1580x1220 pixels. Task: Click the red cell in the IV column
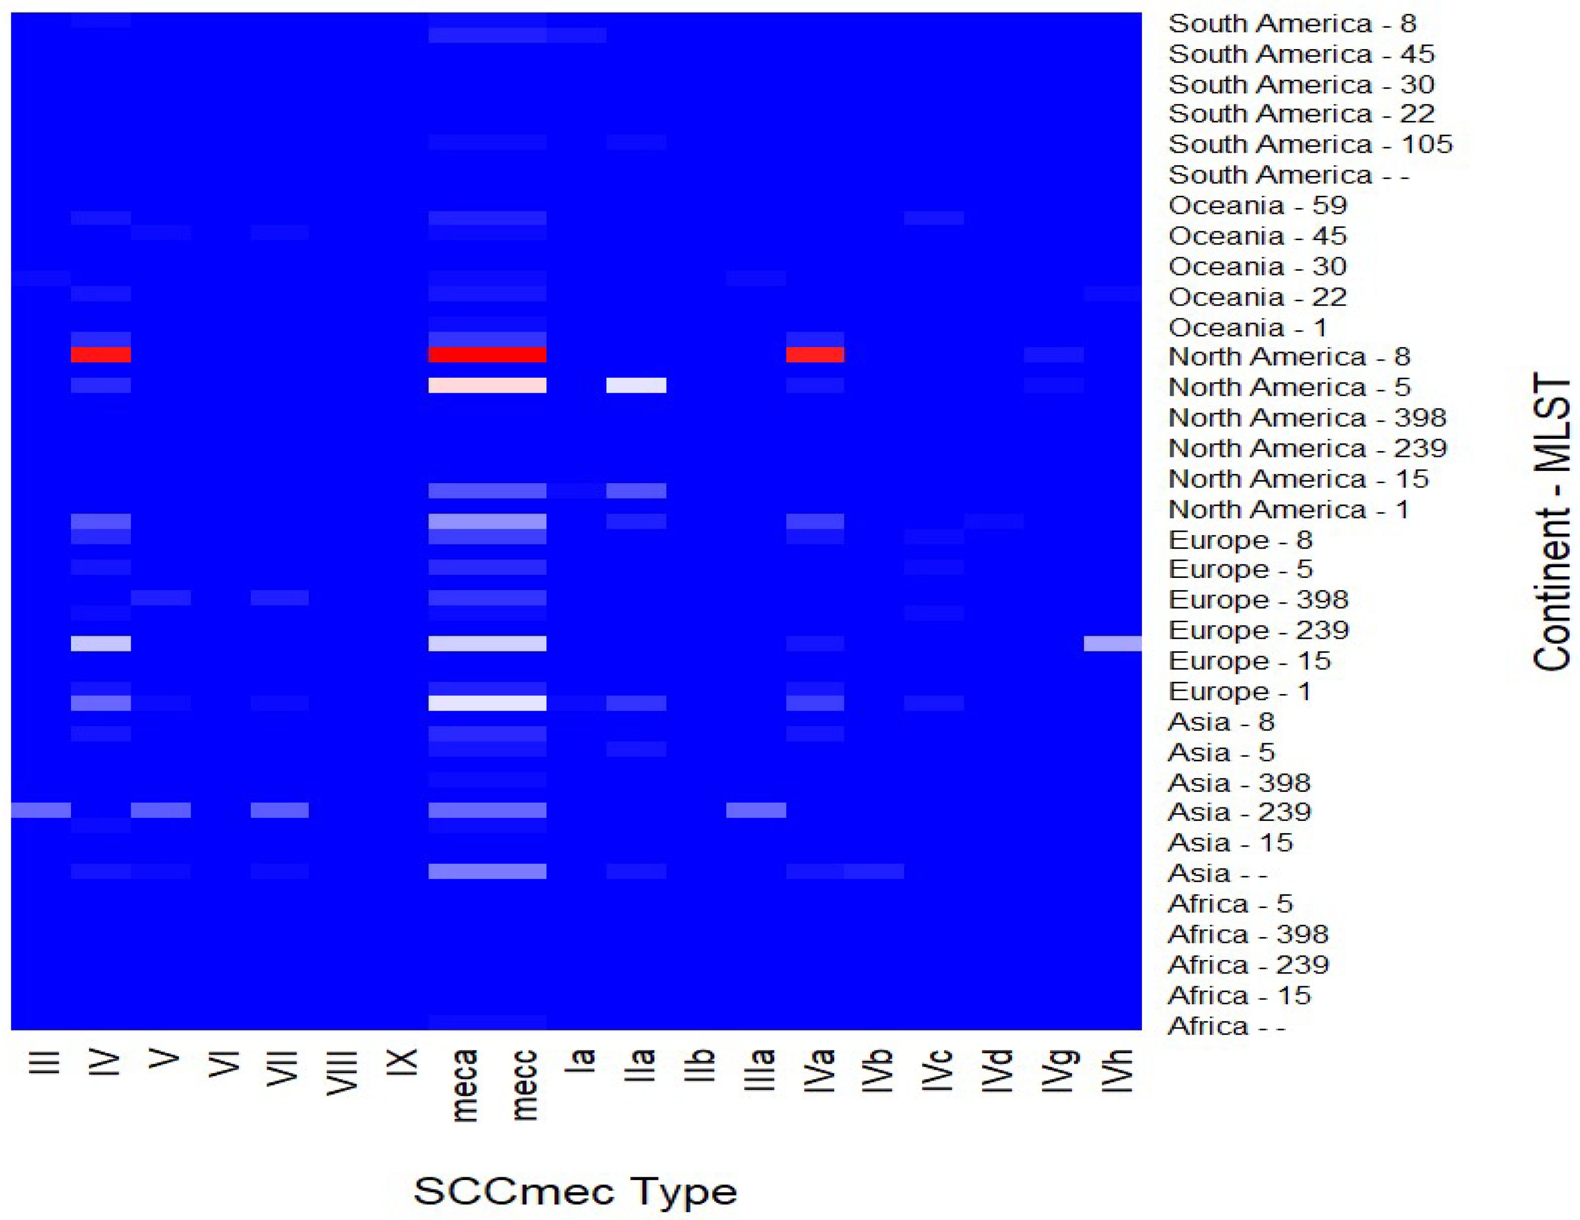click(x=101, y=354)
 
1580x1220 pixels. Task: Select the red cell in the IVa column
click(x=815, y=354)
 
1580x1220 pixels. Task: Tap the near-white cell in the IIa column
click(x=636, y=385)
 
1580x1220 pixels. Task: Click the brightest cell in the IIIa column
click(x=756, y=810)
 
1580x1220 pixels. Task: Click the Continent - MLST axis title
click(x=1552, y=521)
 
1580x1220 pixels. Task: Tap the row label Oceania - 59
click(x=1257, y=206)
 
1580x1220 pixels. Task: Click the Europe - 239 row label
click(x=1259, y=630)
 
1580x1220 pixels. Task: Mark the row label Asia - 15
click(x=1230, y=842)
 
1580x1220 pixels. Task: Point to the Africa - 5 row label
click(x=1230, y=903)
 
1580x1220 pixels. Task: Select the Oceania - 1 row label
click(x=1247, y=328)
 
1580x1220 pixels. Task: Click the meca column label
click(x=464, y=1085)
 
